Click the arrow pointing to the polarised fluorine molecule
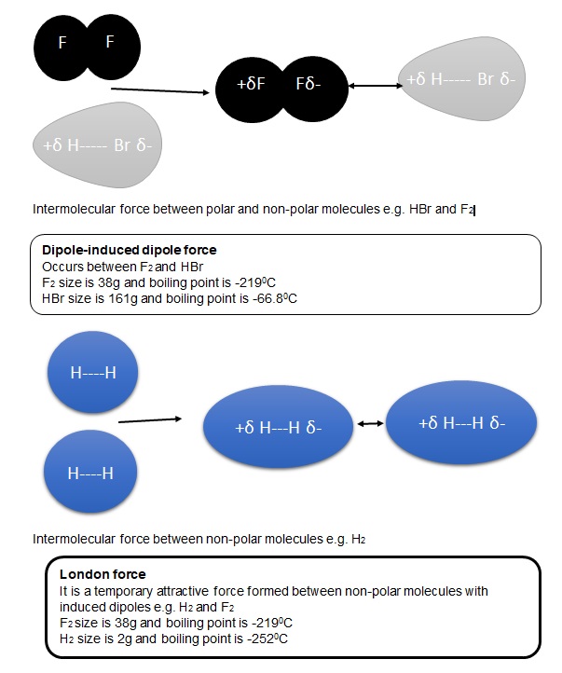pos(159,91)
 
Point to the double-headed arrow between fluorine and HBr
pos(372,87)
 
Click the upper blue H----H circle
pos(92,374)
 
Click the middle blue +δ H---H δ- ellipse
pos(280,427)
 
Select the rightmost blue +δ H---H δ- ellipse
pos(462,422)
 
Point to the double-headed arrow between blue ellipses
pos(371,425)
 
